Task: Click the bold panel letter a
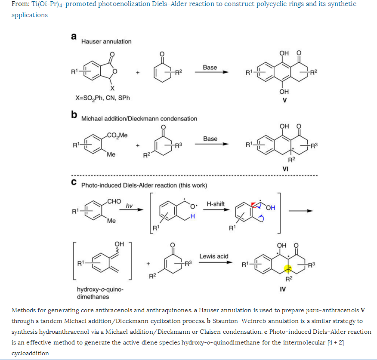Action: tap(74, 37)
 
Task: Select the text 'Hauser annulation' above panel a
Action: tap(106, 42)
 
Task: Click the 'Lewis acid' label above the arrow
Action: tap(214, 256)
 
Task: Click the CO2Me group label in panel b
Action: tap(118, 135)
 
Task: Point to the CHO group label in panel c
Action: tap(114, 201)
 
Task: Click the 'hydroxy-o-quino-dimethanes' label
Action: tap(99, 292)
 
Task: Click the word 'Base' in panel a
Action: tap(210, 68)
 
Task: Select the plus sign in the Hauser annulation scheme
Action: tap(138, 73)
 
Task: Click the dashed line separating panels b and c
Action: tap(194, 176)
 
